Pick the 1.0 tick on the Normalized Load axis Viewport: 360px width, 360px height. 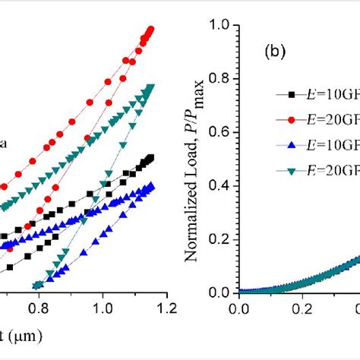click(220, 26)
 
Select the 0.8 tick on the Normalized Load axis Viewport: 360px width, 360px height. click(220, 79)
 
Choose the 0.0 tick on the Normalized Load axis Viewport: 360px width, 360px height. click(220, 292)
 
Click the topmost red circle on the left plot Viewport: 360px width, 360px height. click(150, 30)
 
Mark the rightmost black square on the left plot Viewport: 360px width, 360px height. click(151, 157)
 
